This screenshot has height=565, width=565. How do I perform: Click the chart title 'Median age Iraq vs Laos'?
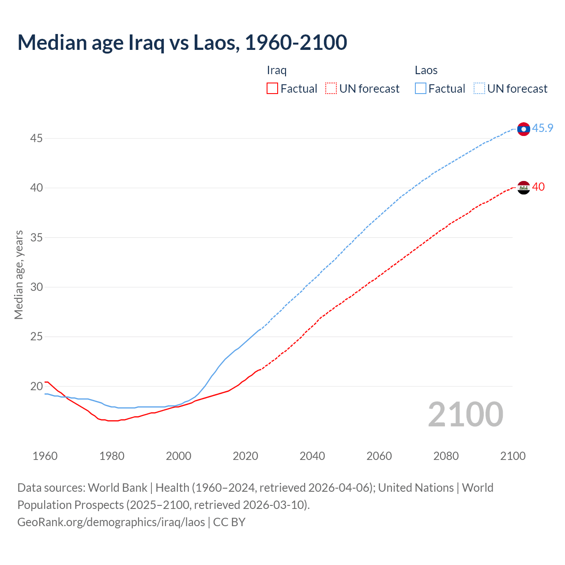pyautogui.click(x=182, y=42)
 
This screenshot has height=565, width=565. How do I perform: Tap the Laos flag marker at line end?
pyautogui.click(x=524, y=129)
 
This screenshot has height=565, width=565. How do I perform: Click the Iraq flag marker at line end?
pyautogui.click(x=524, y=188)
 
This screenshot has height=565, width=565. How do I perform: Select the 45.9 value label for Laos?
pyautogui.click(x=542, y=128)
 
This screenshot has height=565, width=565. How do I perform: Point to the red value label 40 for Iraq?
pyautogui.click(x=538, y=187)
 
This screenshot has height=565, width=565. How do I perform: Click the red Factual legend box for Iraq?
pyautogui.click(x=272, y=88)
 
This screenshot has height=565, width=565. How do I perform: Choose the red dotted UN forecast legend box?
pyautogui.click(x=331, y=88)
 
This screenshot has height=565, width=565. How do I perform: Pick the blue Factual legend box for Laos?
pyautogui.click(x=421, y=88)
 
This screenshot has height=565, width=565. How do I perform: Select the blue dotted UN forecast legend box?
pyautogui.click(x=479, y=88)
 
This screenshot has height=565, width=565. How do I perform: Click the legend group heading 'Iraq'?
pyautogui.click(x=277, y=70)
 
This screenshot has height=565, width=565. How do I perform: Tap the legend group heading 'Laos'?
pyautogui.click(x=426, y=70)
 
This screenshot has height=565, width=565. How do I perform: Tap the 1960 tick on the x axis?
pyautogui.click(x=45, y=456)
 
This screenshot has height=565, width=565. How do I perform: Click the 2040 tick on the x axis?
pyautogui.click(x=312, y=456)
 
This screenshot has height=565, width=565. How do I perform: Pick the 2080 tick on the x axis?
pyautogui.click(x=446, y=456)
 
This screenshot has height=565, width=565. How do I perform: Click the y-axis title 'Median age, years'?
pyautogui.click(x=19, y=275)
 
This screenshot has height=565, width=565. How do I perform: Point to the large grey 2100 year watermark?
pyautogui.click(x=465, y=414)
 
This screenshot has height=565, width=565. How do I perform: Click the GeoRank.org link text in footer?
pyautogui.click(x=111, y=522)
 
